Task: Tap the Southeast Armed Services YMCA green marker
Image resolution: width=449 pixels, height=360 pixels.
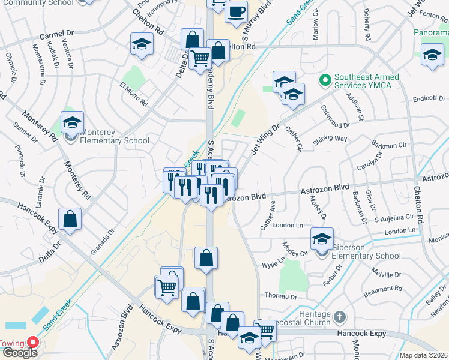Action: pyautogui.click(x=325, y=79)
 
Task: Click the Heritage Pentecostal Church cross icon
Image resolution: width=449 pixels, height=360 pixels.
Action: pyautogui.click(x=340, y=316)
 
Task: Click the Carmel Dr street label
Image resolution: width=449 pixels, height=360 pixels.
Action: pyautogui.click(x=56, y=35)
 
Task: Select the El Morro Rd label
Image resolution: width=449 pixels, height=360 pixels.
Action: pyautogui.click(x=134, y=94)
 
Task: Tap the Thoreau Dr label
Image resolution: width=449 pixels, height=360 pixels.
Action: pyautogui.click(x=281, y=296)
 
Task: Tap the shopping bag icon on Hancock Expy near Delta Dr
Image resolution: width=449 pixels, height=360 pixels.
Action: pyautogui.click(x=70, y=220)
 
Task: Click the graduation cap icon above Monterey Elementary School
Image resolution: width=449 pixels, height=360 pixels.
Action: pyautogui.click(x=72, y=122)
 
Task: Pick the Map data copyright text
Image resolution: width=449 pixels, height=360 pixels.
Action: pyautogui.click(x=424, y=355)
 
